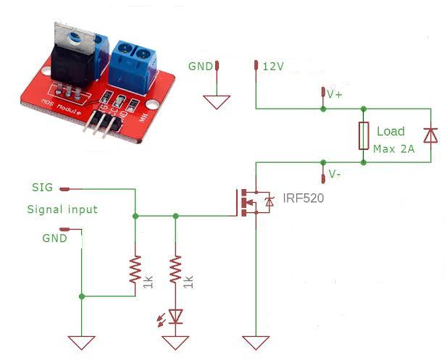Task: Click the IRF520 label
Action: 298,198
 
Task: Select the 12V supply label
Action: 273,66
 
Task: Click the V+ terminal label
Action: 335,94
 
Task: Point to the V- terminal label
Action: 334,175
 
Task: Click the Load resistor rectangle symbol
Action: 364,137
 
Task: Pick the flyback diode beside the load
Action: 430,135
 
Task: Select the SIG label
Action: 43,188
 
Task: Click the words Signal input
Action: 62,209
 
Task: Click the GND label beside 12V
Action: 200,66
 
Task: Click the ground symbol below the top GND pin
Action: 217,102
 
